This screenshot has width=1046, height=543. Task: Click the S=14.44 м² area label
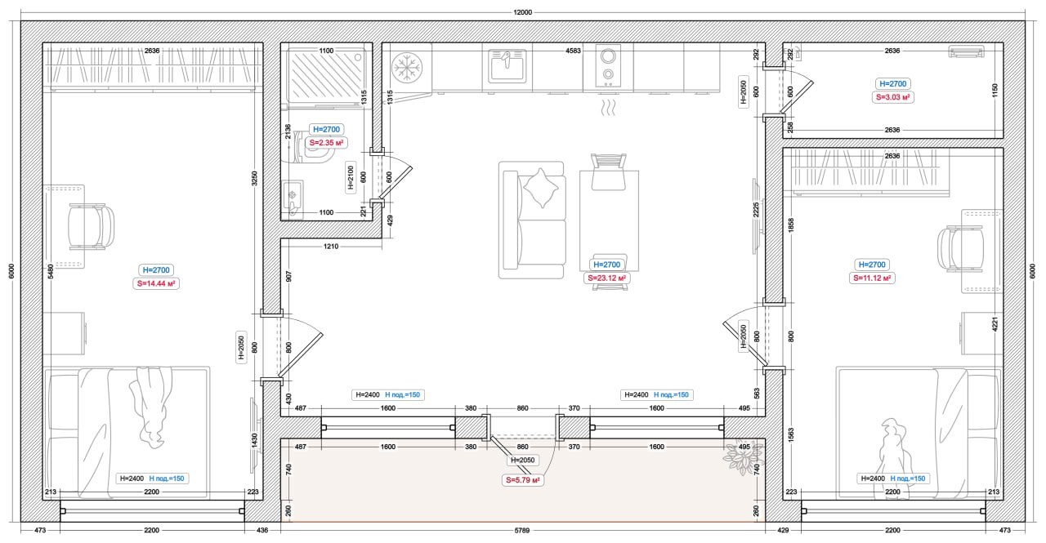156,283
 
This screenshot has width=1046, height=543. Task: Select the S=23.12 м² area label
606,278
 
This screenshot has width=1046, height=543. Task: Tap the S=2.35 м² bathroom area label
326,143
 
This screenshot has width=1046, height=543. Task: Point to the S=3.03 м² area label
893,97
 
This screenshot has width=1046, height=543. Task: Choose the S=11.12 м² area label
872,278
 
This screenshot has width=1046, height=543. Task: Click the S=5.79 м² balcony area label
522,480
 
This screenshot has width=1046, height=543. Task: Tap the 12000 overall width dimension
522,12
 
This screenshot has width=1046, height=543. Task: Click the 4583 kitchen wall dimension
573,51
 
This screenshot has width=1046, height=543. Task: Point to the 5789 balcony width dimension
522,531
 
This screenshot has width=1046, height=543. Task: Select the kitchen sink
507,66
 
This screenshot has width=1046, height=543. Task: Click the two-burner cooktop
608,66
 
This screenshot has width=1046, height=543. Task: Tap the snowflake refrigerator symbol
407,67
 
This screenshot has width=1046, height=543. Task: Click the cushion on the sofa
541,188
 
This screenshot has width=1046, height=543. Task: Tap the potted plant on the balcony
742,457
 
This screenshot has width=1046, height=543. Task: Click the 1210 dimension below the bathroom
331,247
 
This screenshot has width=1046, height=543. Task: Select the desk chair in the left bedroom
91,227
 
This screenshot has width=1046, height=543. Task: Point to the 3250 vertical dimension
254,178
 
